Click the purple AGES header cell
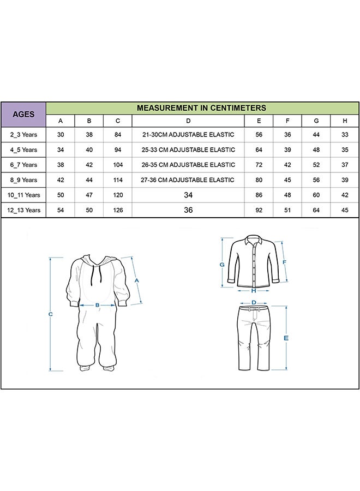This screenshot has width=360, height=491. pos(23,115)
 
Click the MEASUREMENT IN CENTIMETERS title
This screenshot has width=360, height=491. pos(201,108)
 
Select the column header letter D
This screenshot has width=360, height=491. pos(188,121)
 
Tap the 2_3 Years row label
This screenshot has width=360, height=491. pos(23,135)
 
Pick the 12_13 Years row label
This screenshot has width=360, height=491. pos(23,210)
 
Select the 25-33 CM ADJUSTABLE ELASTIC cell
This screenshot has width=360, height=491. pos(188,149)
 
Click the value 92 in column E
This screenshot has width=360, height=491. pos(259,210)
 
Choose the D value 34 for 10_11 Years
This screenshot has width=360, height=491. pos(188,195)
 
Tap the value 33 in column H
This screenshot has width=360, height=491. pos(345,135)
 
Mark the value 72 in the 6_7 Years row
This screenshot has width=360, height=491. pos(259,165)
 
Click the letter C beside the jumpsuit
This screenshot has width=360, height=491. pos(50,314)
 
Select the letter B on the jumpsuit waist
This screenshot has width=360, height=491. pos(97,306)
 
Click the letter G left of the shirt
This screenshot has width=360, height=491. pos(222,265)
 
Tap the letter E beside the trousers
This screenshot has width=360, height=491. pos(286,338)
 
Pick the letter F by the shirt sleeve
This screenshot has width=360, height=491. pos(284,261)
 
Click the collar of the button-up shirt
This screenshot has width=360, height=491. pos(254,239)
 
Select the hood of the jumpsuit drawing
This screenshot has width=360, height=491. pos(98,261)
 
